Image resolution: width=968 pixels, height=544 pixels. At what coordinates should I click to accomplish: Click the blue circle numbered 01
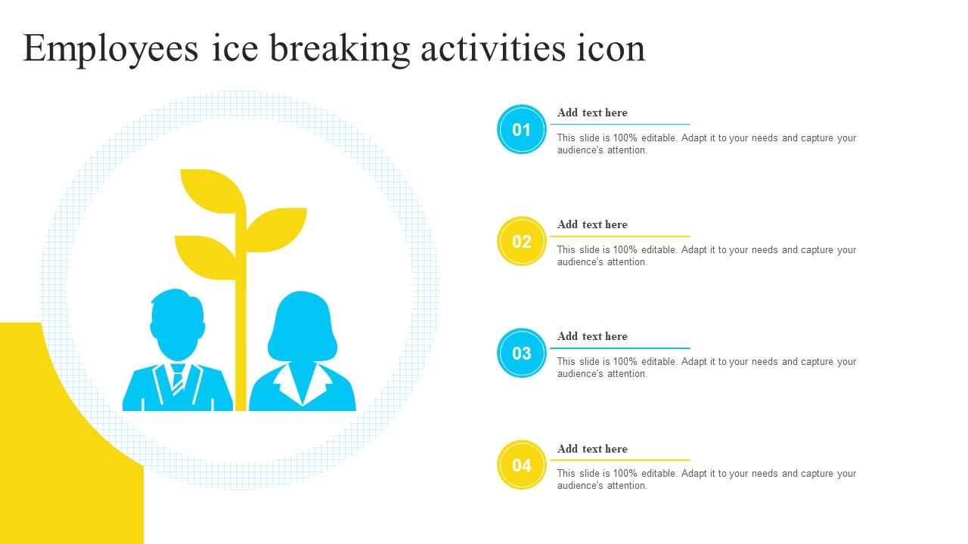(521, 129)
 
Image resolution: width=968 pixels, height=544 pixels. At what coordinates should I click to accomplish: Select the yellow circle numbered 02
(521, 241)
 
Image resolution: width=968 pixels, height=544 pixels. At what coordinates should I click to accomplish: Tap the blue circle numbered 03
(521, 353)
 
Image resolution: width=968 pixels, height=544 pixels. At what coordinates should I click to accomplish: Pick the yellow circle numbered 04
(521, 465)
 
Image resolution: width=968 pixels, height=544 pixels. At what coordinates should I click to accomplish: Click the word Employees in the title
(111, 49)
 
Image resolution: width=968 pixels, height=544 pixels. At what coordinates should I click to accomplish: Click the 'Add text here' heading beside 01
(592, 113)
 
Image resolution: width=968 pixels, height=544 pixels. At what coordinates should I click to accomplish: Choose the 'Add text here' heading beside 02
(592, 224)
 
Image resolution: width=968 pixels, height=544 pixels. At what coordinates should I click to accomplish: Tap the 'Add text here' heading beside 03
(592, 336)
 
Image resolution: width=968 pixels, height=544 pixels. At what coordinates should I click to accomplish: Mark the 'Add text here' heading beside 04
(592, 448)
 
